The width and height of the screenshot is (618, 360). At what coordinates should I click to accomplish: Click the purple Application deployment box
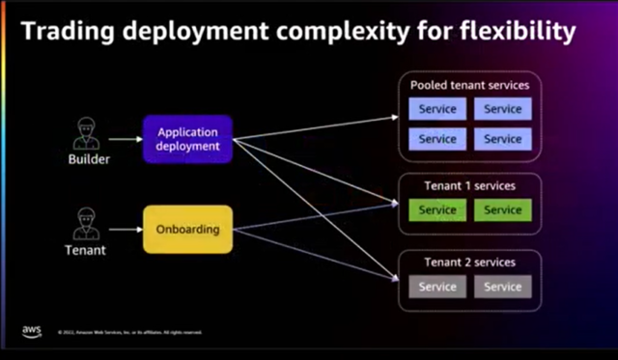[188, 138]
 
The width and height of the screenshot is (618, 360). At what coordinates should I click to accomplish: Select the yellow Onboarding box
[188, 230]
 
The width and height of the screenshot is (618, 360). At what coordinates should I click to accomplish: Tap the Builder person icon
[86, 130]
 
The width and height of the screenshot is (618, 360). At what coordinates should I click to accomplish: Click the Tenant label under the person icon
[86, 251]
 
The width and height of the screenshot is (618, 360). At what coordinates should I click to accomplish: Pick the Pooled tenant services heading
[469, 85]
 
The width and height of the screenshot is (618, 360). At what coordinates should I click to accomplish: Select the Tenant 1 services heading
[469, 185]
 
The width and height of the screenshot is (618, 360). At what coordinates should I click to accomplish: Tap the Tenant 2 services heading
[469, 263]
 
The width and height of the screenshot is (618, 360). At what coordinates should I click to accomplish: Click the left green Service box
[437, 209]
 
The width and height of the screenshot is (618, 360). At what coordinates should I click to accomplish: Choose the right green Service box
[502, 209]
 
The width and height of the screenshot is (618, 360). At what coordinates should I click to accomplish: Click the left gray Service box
[437, 287]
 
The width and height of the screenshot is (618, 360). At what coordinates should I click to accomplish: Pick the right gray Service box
[502, 287]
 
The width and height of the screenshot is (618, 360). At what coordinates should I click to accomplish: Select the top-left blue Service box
[437, 109]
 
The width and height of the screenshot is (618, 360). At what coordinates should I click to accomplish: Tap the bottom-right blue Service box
[502, 139]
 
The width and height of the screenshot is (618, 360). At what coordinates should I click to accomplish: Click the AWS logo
[32, 331]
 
